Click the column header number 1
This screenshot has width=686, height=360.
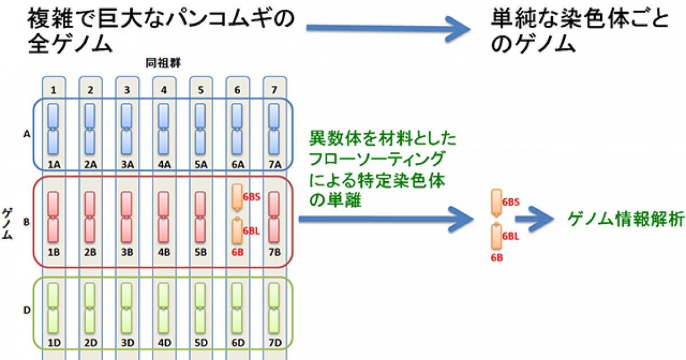pos(53,90)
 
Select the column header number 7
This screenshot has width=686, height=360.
pos(273,90)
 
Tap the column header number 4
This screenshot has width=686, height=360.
pos(163,90)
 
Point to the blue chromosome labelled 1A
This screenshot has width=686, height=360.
pos(53,130)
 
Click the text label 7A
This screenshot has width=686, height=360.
pos(274,165)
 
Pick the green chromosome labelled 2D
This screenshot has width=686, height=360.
pos(90,309)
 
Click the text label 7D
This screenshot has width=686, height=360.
pos(274,343)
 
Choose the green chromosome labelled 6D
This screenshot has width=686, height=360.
pos(237,309)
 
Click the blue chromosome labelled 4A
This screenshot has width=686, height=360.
pos(163,130)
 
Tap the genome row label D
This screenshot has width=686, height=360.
pos(26,310)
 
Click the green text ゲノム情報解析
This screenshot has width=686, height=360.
pos(624,219)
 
